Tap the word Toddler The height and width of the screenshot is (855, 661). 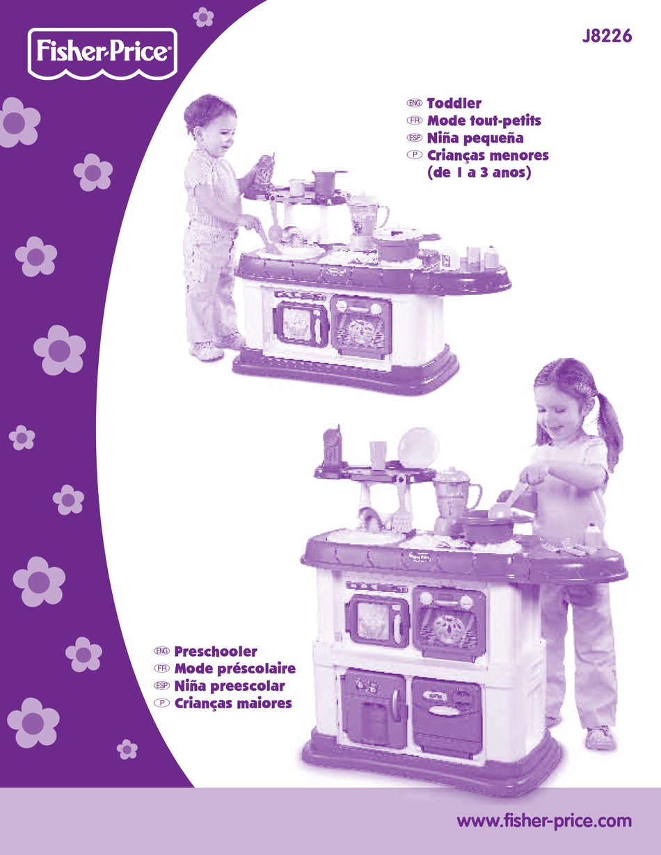pyautogui.click(x=454, y=104)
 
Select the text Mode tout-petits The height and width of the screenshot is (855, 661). pyautogui.click(x=484, y=121)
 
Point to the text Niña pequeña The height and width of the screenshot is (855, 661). pyautogui.click(x=475, y=138)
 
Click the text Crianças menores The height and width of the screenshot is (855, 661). pyautogui.click(x=488, y=156)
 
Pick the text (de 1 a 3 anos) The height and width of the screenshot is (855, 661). pyautogui.click(x=479, y=173)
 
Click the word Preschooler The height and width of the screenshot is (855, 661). pyautogui.click(x=216, y=652)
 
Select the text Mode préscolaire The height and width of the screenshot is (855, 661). pyautogui.click(x=235, y=669)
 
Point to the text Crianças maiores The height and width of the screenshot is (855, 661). pyautogui.click(x=233, y=704)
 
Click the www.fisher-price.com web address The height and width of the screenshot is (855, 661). pyautogui.click(x=544, y=821)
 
